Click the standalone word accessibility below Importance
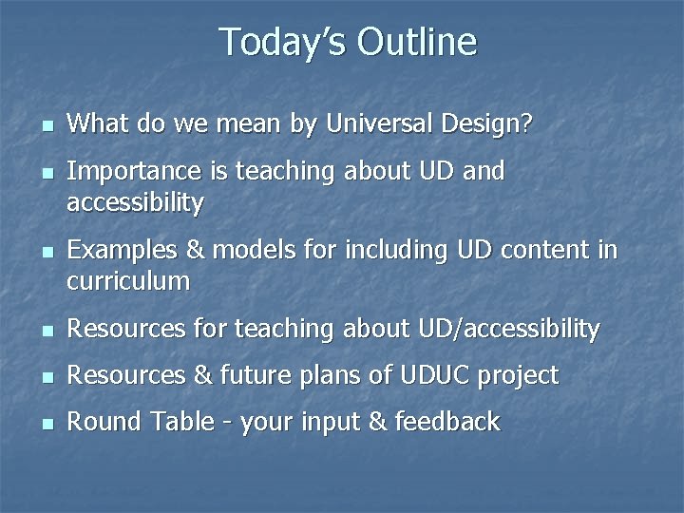(135, 202)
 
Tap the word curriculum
(128, 281)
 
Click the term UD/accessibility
(508, 330)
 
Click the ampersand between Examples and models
(194, 251)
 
